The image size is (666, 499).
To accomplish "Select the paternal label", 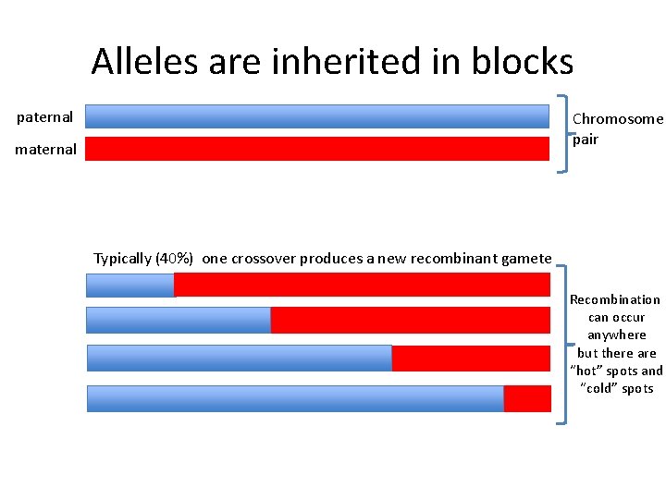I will [45, 117].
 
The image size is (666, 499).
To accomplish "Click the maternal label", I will [45, 149].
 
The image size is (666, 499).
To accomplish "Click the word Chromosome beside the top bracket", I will [618, 119].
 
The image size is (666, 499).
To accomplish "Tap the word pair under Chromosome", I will [586, 140].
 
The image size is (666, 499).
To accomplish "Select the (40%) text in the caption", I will [175, 259].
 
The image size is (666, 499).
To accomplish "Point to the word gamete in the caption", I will [526, 259].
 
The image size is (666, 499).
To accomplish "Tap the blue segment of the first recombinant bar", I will [129, 286].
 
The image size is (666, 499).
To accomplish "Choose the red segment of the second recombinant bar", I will [410, 320].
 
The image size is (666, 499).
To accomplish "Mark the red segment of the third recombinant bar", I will [471, 358].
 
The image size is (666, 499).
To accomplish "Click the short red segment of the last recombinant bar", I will [527, 398].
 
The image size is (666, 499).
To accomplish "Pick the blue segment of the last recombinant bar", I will [295, 398].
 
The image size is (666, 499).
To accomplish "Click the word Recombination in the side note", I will [615, 299].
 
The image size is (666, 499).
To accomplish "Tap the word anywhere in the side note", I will [617, 335].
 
